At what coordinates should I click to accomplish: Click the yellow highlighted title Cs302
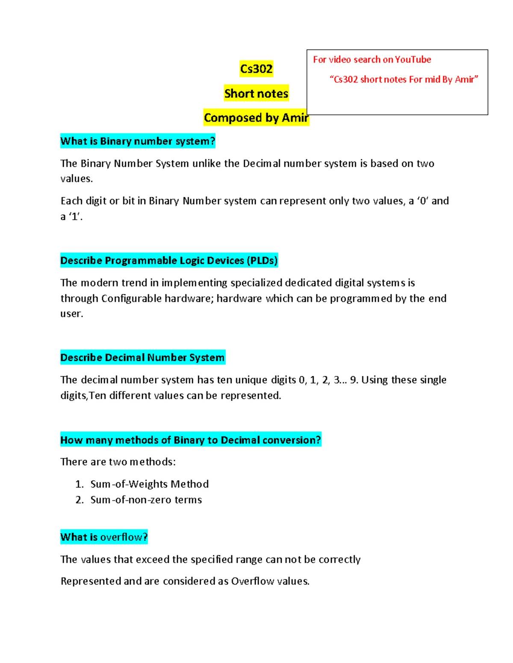[256, 69]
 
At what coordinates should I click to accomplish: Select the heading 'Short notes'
[256, 93]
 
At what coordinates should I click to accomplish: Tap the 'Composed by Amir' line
[256, 118]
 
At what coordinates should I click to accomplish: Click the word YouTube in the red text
[413, 60]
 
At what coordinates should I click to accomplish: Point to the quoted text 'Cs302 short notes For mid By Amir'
[404, 79]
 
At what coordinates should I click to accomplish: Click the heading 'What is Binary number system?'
[138, 141]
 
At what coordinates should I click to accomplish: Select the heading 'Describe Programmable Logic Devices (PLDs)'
[169, 260]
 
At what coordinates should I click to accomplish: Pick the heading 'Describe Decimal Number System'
[142, 357]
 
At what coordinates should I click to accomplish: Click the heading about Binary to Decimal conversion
[190, 440]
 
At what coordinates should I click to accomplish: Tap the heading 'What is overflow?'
[104, 537]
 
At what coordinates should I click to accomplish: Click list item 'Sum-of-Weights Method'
[149, 484]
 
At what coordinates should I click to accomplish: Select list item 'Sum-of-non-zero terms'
[146, 500]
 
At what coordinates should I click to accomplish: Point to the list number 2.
[79, 500]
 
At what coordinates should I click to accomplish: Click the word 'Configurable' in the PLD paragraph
[131, 298]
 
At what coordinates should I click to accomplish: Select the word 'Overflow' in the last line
[252, 581]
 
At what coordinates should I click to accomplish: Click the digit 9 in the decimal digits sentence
[353, 380]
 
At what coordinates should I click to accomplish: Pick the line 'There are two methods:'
[118, 462]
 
